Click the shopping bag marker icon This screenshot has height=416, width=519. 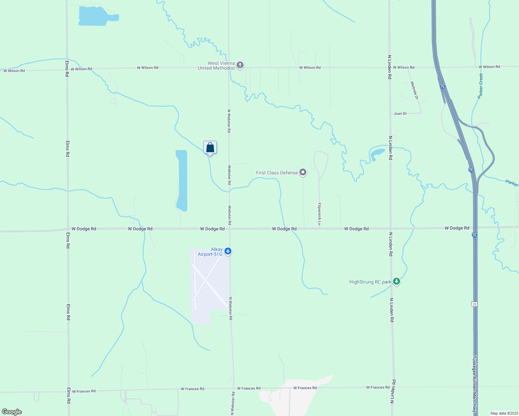click(210, 148)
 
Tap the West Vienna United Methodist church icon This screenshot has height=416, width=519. click(240, 65)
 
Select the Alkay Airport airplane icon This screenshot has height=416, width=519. click(228, 251)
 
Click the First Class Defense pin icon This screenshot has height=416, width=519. click(303, 172)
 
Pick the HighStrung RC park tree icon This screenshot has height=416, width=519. click(397, 281)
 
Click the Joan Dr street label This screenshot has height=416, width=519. click(400, 114)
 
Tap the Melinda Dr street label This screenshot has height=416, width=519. click(414, 90)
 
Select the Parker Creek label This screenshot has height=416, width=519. click(480, 86)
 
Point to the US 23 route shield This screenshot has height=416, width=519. click(474, 304)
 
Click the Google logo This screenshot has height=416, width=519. click(12, 412)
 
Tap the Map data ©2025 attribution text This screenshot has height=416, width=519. click(504, 413)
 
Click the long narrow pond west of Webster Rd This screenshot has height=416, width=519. click(182, 180)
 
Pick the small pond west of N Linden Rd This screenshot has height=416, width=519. click(377, 153)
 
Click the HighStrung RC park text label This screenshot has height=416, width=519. click(370, 282)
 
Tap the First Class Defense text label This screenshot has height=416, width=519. click(277, 173)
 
